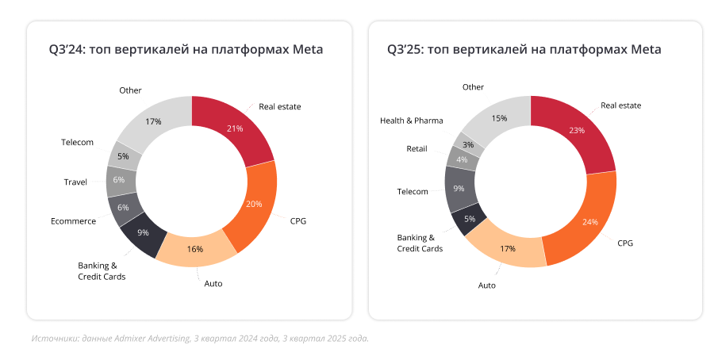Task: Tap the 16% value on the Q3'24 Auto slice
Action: (x=195, y=248)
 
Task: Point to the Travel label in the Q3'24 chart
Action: (x=75, y=182)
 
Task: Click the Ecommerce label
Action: (x=73, y=221)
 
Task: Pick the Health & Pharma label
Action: (x=411, y=121)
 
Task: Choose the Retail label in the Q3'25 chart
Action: (x=416, y=148)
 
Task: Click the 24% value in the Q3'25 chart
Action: (x=589, y=222)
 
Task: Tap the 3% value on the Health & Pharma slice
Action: (x=468, y=144)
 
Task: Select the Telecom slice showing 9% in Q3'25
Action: (x=459, y=189)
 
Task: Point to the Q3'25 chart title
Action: (x=524, y=50)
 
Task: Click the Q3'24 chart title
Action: (x=186, y=50)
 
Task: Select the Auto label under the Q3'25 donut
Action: (x=486, y=285)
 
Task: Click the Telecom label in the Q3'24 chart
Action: (x=77, y=143)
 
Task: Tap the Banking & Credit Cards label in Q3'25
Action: (x=420, y=243)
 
